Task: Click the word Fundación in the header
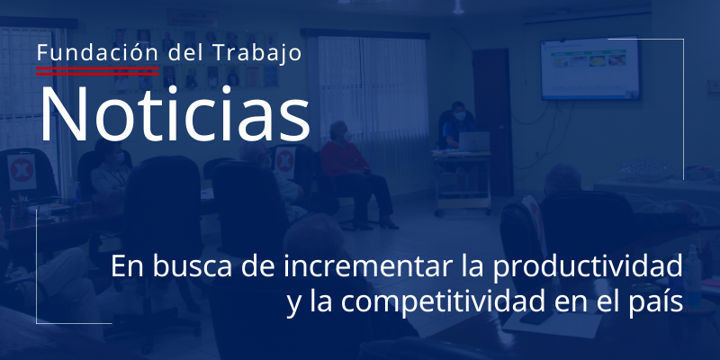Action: click(97, 53)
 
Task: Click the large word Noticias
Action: click(175, 114)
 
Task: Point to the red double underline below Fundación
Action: click(97, 71)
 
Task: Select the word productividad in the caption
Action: click(588, 267)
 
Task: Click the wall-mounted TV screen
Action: click(589, 68)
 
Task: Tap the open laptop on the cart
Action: click(474, 141)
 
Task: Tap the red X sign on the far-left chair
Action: click(22, 171)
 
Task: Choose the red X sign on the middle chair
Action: click(284, 163)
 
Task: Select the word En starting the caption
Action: click(128, 267)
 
